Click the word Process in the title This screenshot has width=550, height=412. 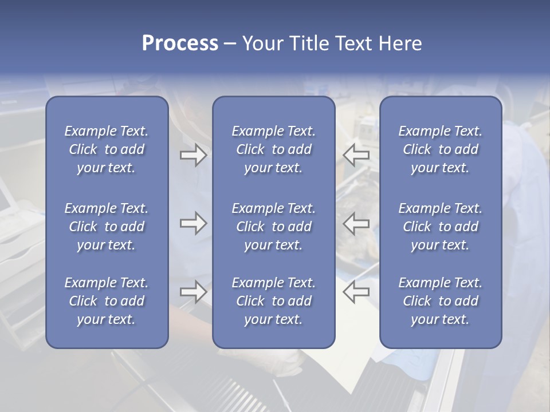[x=180, y=43]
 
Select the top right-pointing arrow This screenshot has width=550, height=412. [x=193, y=154]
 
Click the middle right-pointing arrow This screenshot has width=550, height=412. [x=193, y=223]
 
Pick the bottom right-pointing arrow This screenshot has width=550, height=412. [x=193, y=291]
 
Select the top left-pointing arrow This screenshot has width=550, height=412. [x=356, y=154]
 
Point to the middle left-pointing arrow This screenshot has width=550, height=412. [x=356, y=223]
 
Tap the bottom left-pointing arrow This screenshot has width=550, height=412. [x=356, y=291]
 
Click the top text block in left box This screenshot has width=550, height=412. [x=107, y=149]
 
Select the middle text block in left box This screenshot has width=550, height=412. [x=107, y=227]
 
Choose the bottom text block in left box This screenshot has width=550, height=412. [x=107, y=301]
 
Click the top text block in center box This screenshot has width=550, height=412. [x=274, y=149]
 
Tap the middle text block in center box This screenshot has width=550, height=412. [x=274, y=227]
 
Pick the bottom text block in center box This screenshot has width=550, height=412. [x=274, y=301]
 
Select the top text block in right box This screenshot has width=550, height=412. [x=441, y=149]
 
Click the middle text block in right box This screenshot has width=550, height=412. [x=441, y=227]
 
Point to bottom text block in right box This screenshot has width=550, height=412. [x=441, y=301]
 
